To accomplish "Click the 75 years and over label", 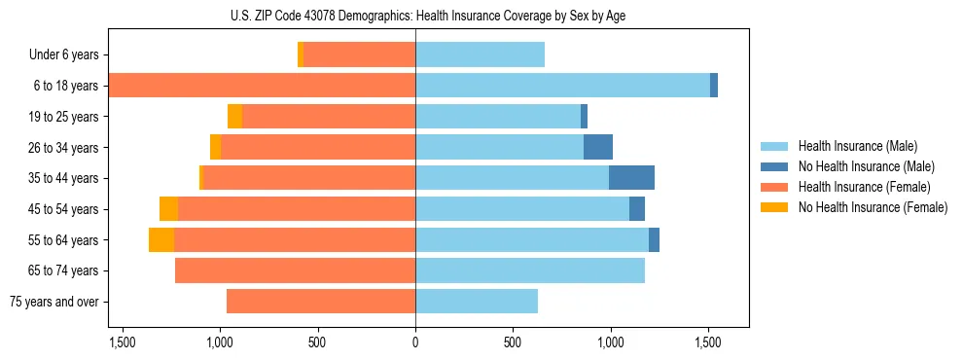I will tap(53, 302).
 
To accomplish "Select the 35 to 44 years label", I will tap(64, 178).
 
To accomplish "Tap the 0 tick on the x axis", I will tap(415, 342).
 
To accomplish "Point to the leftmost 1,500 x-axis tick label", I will tap(123, 342).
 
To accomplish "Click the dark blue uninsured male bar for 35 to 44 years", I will tap(631, 178).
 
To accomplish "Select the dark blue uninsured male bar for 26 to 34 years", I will tap(598, 147).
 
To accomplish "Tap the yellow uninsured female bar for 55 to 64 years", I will tap(161, 239).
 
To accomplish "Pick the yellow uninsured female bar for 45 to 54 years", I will tap(169, 209).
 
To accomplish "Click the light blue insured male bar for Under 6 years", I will tap(480, 55).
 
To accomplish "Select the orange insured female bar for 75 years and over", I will tap(321, 302).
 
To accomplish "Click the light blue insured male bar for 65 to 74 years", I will tap(530, 270).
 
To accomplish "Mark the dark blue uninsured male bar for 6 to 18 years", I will tap(714, 86).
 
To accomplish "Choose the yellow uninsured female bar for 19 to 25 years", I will tap(234, 117).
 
